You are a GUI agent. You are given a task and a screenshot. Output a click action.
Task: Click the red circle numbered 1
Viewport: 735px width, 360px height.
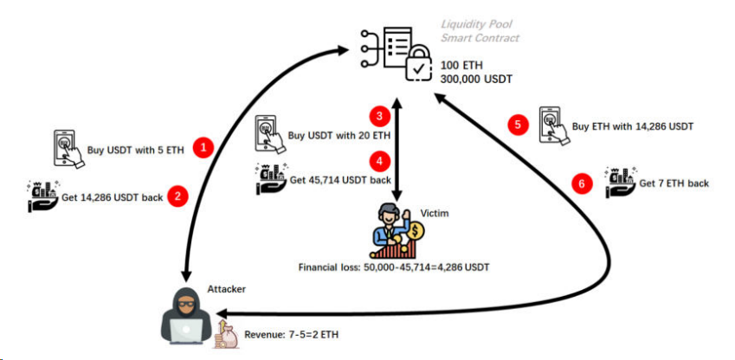tap(203, 148)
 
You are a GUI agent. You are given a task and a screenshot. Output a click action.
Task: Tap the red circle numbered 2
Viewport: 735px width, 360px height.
tap(178, 196)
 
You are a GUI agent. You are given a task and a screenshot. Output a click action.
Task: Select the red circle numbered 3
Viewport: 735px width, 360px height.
tap(377, 115)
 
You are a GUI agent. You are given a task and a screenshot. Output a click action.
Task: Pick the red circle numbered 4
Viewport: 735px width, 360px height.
tap(377, 159)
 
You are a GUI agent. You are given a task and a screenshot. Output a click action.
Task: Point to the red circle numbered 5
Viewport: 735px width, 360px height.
tap(518, 125)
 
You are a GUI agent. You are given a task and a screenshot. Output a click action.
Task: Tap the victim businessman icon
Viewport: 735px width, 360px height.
tap(397, 230)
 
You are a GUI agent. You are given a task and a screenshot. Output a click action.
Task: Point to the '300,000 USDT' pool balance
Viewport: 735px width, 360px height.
tap(477, 79)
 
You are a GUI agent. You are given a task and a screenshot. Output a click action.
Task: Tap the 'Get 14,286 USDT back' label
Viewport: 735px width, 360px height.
tap(112, 197)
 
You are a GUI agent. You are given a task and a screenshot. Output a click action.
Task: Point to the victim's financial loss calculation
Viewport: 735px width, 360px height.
tap(394, 267)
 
